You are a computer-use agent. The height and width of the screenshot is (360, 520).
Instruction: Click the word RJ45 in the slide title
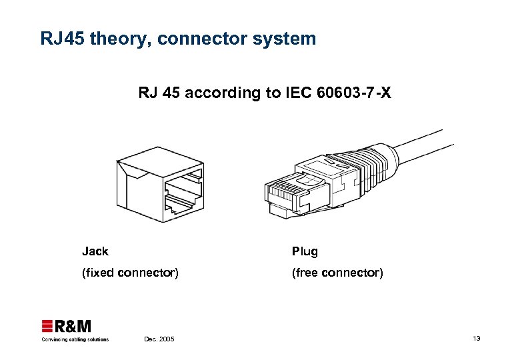coord(62,39)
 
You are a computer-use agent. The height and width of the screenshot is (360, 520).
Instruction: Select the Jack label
coord(95,251)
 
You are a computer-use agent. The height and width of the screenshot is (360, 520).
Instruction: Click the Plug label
coord(305,252)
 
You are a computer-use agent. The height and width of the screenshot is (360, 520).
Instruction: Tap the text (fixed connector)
coord(130,273)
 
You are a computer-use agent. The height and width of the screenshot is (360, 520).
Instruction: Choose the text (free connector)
coord(337,273)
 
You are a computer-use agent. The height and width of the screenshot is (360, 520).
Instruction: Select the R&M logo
coord(67,326)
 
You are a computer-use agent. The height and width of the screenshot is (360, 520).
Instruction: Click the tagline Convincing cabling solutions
coord(75,339)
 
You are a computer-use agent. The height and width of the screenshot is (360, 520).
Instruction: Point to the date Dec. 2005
coord(159,339)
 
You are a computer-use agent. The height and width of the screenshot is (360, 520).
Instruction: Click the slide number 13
coord(476,339)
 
